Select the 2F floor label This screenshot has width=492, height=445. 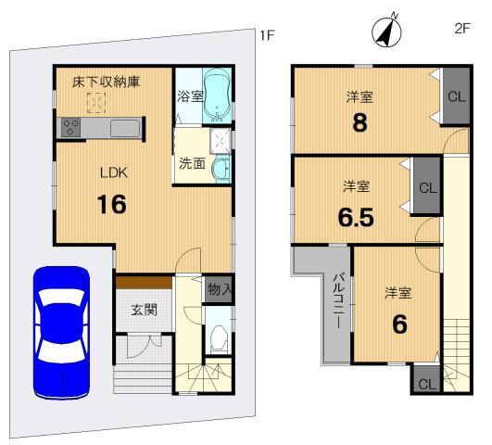click(x=462, y=29)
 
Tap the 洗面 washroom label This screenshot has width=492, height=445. click(x=192, y=163)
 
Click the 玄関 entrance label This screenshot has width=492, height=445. click(x=145, y=309)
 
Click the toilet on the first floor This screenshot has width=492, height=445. click(x=219, y=339)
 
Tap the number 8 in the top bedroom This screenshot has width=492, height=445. click(x=360, y=121)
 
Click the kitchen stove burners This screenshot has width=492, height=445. click(x=71, y=128)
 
